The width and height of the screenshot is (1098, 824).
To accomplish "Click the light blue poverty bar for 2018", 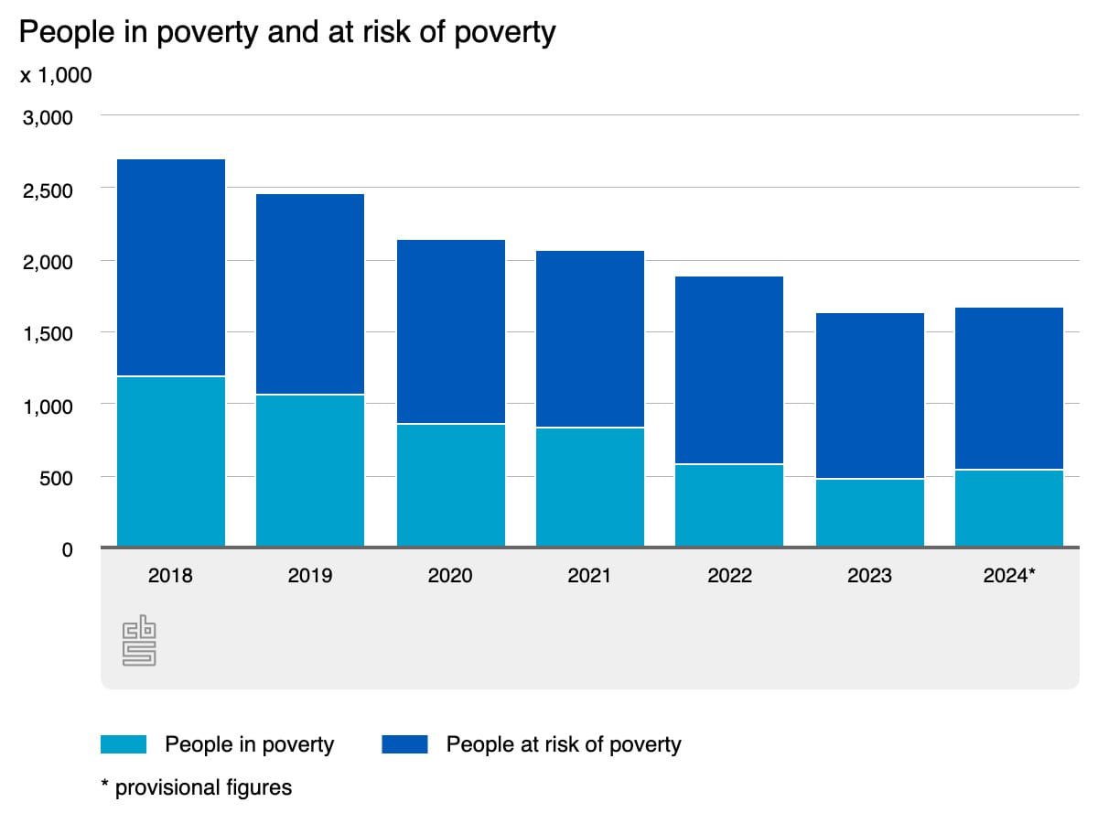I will click(x=171, y=461).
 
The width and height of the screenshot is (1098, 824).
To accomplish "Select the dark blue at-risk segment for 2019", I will click(x=310, y=294).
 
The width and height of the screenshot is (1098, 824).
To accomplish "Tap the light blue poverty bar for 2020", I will click(x=450, y=485).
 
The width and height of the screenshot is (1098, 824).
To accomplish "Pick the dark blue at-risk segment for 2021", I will click(x=590, y=339).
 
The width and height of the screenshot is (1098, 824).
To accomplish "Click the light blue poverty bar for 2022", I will click(x=729, y=505).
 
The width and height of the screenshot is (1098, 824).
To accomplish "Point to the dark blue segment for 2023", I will click(x=869, y=396).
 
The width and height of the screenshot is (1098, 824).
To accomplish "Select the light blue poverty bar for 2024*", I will click(x=1009, y=508).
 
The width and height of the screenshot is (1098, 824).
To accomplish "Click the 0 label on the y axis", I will click(x=67, y=549).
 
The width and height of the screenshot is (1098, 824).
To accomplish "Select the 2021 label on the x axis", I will click(x=590, y=576).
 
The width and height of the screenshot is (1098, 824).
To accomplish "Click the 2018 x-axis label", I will click(x=171, y=576).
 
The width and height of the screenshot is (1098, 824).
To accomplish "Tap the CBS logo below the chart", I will click(x=139, y=641).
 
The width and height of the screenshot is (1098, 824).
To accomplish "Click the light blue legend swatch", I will click(x=123, y=744).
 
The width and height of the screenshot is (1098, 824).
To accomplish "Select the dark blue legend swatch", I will click(x=404, y=744).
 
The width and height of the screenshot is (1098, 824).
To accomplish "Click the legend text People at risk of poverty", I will click(x=564, y=744).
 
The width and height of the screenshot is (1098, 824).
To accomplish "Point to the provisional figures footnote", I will click(x=196, y=787).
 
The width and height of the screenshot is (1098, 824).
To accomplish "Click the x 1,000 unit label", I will click(x=56, y=75).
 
